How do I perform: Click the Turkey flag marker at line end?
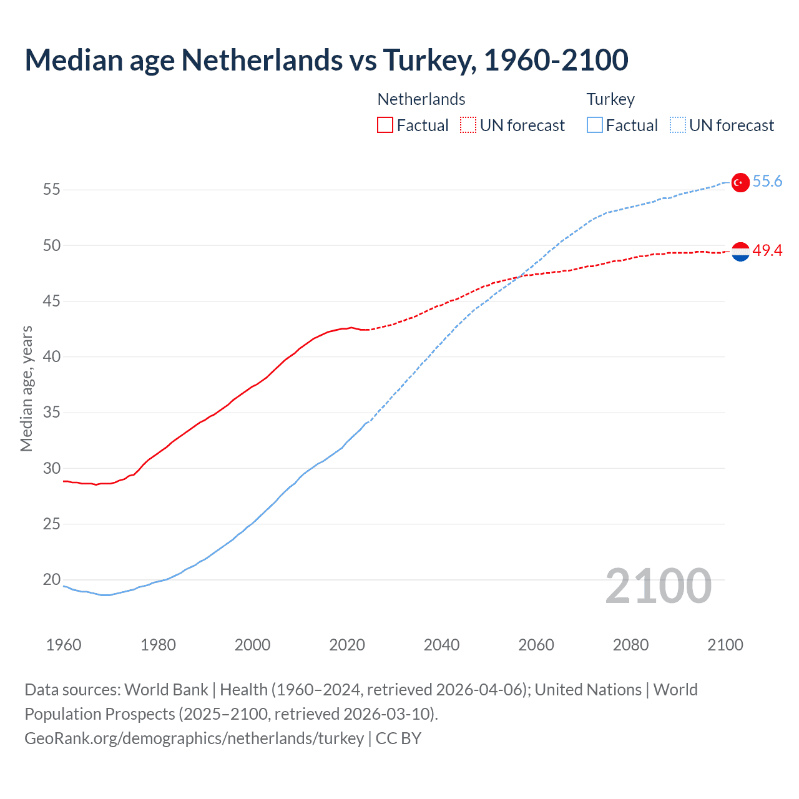pyautogui.click(x=740, y=182)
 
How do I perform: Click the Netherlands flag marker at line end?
pyautogui.click(x=740, y=252)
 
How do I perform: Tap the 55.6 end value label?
pyautogui.click(x=767, y=182)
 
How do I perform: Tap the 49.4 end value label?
pyautogui.click(x=767, y=251)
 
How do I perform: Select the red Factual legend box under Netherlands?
pyautogui.click(x=385, y=125)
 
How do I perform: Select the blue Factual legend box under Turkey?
pyautogui.click(x=595, y=125)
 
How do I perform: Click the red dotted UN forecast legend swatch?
pyautogui.click(x=468, y=125)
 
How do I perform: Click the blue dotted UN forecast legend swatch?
pyautogui.click(x=678, y=125)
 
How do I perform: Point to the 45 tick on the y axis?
pyautogui.click(x=52, y=301)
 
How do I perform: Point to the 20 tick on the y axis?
pyautogui.click(x=52, y=580)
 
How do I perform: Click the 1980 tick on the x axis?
pyautogui.click(x=158, y=645)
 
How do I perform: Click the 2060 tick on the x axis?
pyautogui.click(x=536, y=645)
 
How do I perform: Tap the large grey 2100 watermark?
pyautogui.click(x=659, y=586)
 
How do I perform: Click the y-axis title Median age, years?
pyautogui.click(x=26, y=388)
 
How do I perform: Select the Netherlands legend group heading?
pyautogui.click(x=421, y=99)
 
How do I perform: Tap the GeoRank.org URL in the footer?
pyautogui.click(x=194, y=738)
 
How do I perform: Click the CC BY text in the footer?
pyautogui.click(x=398, y=738)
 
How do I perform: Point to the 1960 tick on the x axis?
pyautogui.click(x=64, y=645)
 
